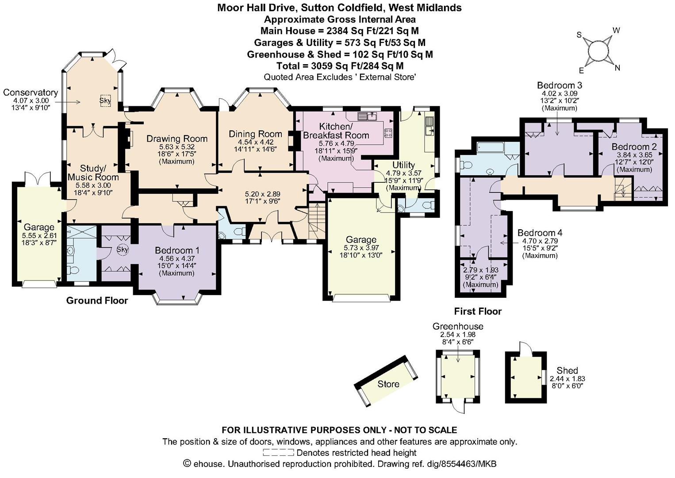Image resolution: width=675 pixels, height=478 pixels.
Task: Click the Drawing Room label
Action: coord(177,139)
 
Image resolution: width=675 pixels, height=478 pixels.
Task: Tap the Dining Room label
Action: coord(255,134)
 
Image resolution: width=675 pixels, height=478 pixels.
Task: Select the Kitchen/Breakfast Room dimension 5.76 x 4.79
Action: coord(336,143)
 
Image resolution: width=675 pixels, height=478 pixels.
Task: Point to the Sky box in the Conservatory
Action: coord(105,100)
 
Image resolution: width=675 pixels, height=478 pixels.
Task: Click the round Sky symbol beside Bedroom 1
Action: coord(123,250)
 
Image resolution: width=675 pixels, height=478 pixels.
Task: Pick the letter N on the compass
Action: coord(617,68)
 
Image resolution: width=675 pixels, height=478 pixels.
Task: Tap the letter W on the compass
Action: coord(616,31)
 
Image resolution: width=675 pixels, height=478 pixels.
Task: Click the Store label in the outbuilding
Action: coord(388,384)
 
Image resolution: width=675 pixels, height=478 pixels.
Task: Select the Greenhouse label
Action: coord(458,326)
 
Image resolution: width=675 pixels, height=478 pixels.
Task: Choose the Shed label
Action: coord(567,370)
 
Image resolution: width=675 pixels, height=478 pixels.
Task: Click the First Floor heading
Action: coord(478,311)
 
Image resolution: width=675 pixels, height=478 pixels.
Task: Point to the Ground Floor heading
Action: coord(97,301)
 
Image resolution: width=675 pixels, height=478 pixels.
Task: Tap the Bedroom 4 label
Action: coord(540,233)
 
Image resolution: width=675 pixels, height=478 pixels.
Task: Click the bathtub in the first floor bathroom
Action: coord(490,147)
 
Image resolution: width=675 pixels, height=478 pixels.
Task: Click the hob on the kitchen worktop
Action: coord(388,133)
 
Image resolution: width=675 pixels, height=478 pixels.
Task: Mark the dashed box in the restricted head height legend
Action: coord(278,452)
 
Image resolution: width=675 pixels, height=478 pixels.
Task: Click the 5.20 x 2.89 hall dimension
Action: coord(262,194)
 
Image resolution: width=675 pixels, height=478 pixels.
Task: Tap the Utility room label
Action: coord(403,165)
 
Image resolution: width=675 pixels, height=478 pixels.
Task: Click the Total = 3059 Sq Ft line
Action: coord(340,66)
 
